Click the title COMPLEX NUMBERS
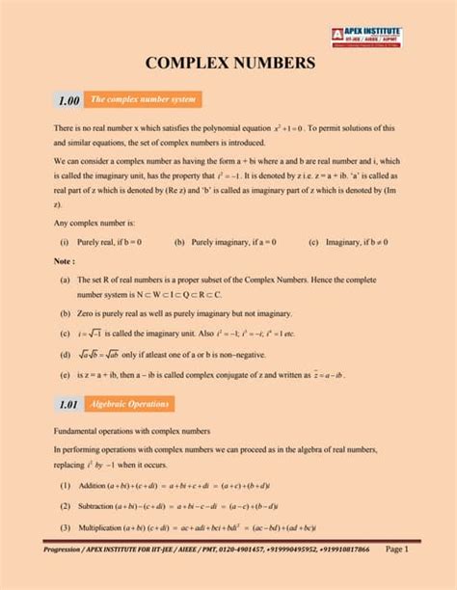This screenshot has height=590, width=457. coord(229,64)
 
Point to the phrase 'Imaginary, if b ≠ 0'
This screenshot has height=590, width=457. coord(356,243)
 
